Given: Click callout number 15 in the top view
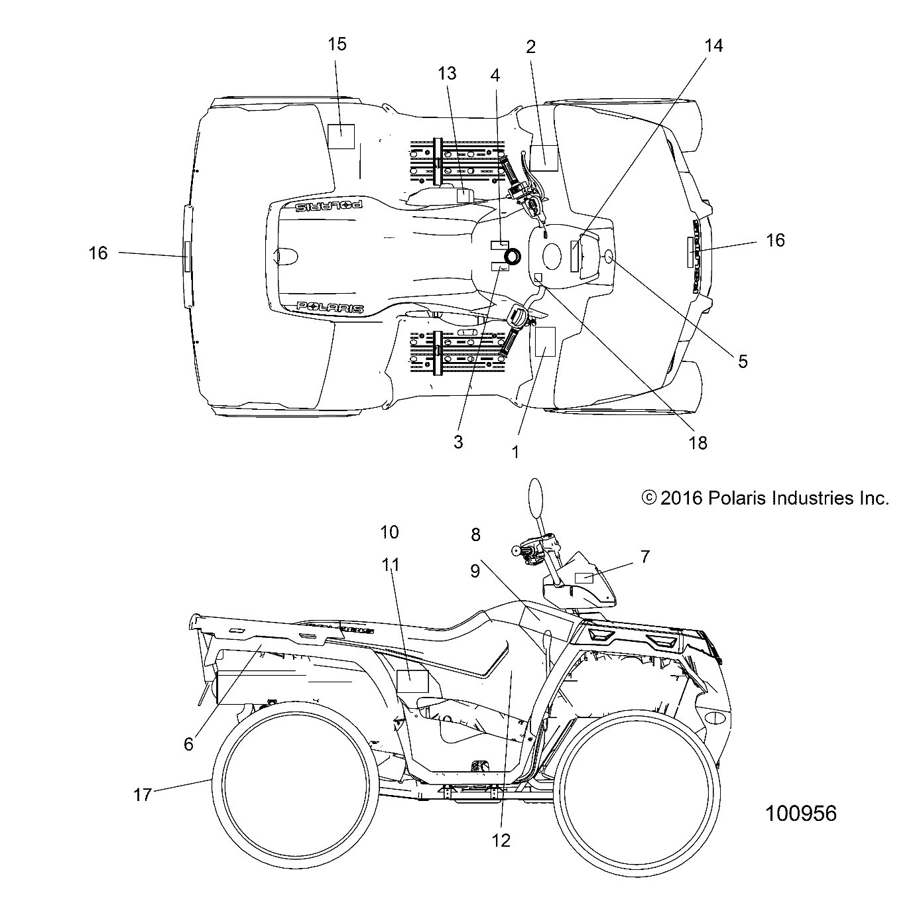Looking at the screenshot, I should point(337,44).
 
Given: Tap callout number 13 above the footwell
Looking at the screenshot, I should point(448,74).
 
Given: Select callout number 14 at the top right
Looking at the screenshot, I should point(713,46).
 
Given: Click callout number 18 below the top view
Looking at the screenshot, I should point(698,443).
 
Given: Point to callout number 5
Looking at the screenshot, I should point(743,361).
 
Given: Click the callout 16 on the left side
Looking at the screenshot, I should point(98,253).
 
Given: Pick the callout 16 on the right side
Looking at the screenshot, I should point(775,240).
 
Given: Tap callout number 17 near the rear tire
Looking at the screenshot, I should point(143,794).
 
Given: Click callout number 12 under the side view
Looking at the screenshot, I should point(501,841).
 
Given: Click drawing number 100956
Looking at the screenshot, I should point(801,814).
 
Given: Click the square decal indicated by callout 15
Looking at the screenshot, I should point(341,137).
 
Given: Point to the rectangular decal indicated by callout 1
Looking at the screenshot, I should point(544,341).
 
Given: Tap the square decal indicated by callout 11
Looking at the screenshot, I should point(412,681).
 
